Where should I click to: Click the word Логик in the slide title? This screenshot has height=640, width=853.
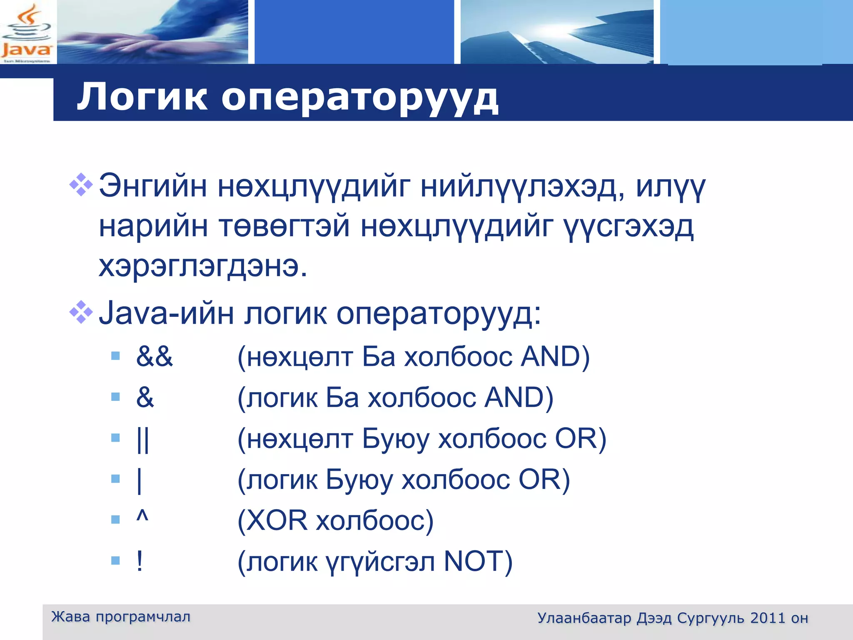142,97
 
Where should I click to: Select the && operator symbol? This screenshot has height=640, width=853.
154,357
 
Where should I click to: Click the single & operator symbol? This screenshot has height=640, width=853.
145,397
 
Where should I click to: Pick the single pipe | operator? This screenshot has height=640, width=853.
140,480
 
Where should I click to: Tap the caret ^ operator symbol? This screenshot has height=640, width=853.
142,517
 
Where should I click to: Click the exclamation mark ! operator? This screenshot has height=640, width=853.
140,561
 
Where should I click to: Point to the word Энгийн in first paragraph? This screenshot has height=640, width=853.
152,186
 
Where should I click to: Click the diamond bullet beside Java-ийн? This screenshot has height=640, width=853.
81,312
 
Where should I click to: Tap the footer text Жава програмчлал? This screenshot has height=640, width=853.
121,617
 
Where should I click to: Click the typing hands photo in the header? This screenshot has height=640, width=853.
152,32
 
